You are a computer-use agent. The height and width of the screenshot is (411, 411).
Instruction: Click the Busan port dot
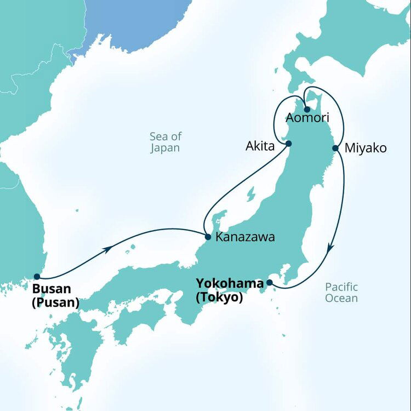click(37, 277)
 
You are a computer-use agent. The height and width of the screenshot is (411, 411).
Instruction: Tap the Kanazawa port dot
click(208, 237)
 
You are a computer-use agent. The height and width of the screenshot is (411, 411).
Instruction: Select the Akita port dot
click(288, 144)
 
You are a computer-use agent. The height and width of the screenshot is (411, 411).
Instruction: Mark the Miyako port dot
click(335, 148)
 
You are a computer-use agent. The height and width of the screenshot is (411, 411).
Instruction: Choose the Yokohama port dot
click(269, 283)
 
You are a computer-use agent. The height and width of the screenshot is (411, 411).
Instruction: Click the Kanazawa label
click(245, 238)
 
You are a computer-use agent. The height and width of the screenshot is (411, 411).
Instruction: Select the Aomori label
click(307, 118)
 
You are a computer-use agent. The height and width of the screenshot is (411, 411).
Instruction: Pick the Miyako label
click(366, 149)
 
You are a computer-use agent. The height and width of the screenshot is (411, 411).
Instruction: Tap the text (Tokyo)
click(219, 298)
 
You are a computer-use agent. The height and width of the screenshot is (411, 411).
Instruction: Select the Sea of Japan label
click(165, 142)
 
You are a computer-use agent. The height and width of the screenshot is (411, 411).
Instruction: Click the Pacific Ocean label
click(341, 293)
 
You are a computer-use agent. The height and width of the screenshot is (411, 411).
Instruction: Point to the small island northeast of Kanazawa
click(250, 195)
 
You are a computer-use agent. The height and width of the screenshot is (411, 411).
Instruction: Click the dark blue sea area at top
click(137, 22)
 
